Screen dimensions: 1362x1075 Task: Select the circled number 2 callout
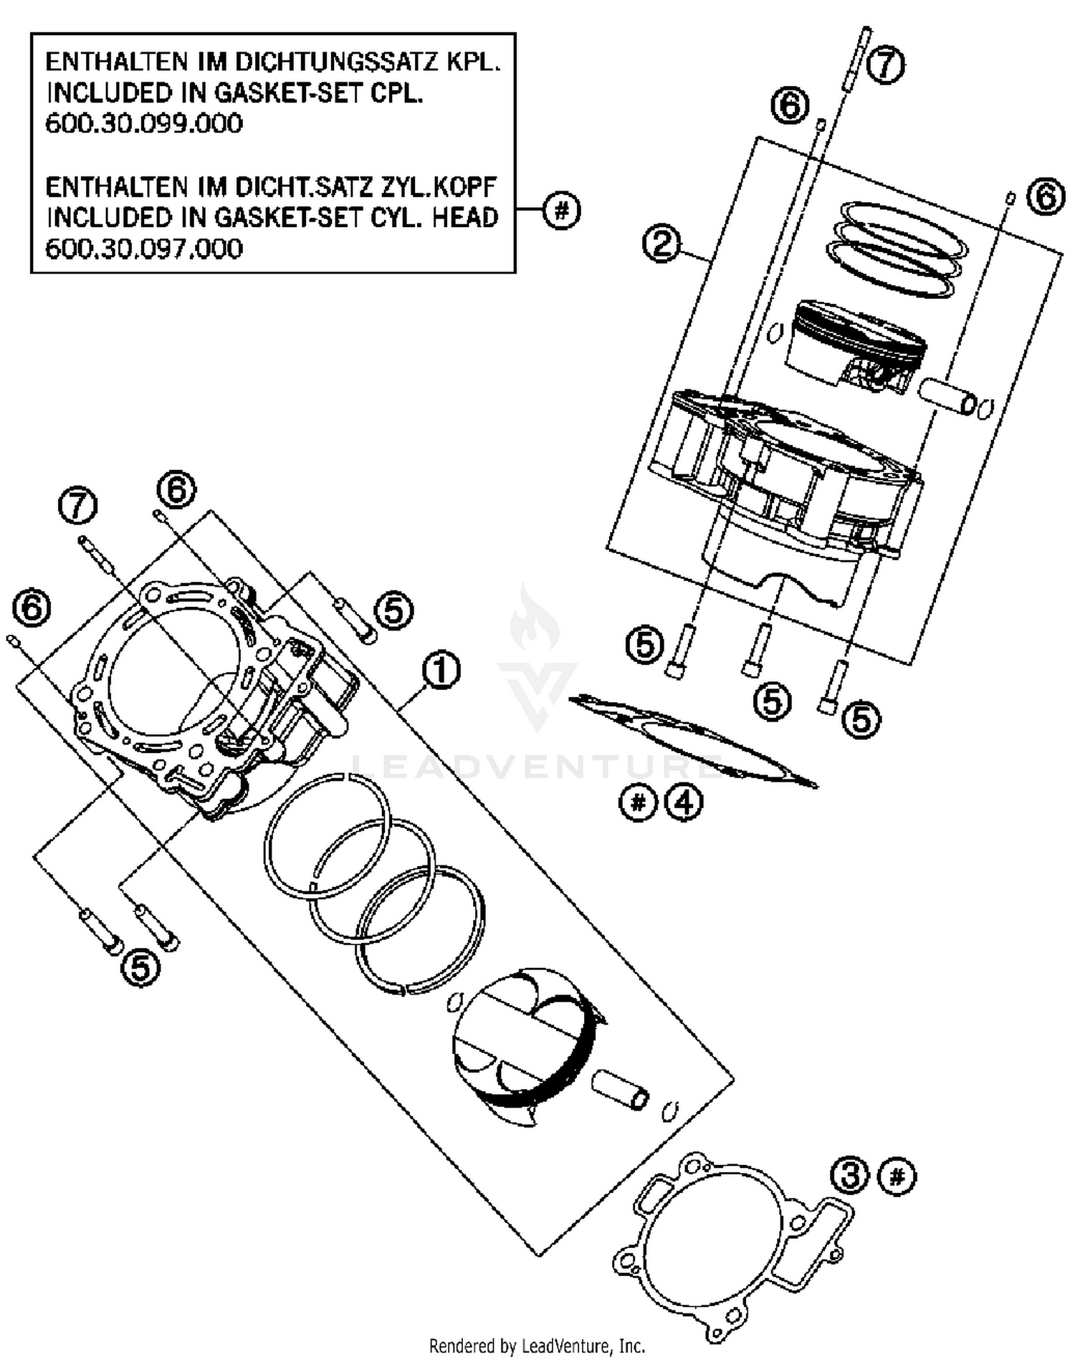click(660, 243)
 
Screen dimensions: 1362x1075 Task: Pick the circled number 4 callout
click(684, 802)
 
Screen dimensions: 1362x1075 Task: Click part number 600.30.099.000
click(144, 124)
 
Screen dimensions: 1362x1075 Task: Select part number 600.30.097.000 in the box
click(144, 249)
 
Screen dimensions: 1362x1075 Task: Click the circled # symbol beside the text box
click(561, 211)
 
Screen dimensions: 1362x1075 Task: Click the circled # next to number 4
click(637, 802)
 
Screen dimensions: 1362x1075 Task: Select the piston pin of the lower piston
click(621, 1089)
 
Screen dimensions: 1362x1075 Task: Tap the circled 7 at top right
click(886, 65)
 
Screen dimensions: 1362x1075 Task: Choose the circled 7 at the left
click(77, 506)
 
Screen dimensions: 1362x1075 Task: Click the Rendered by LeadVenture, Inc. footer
click(537, 1346)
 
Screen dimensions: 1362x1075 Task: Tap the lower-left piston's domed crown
click(502, 1032)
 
